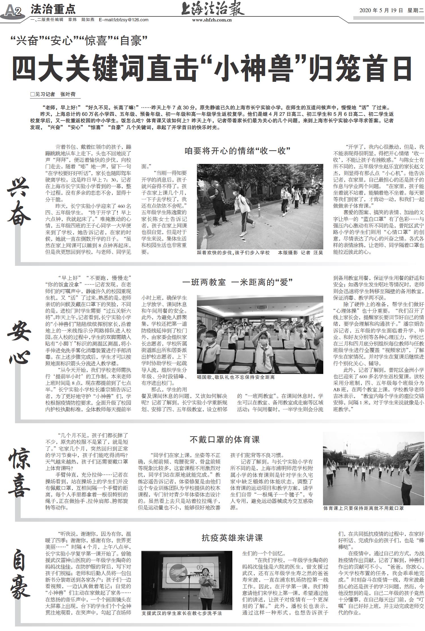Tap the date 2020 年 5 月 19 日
381,11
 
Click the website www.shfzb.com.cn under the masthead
212,20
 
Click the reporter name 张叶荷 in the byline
68,94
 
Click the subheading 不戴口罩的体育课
224,440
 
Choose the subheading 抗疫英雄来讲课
232,538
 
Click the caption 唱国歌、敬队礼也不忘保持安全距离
236,377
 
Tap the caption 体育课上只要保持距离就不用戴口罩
364,508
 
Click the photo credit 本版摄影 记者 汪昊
300,253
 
